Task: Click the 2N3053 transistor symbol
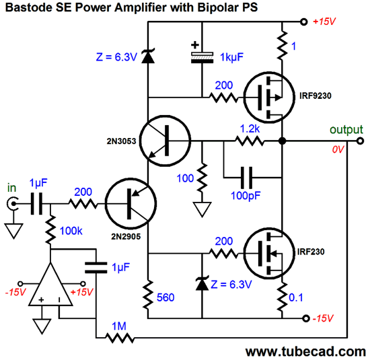pos(165,141)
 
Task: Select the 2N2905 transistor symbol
pos(131,203)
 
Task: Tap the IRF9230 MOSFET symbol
pos(269,98)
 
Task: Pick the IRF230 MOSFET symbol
pos(269,254)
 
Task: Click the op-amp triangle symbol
pos(50,287)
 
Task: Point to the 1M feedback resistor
pos(120,338)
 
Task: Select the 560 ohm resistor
pos(148,295)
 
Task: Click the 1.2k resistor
pos(250,141)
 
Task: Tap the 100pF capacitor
pos(247,178)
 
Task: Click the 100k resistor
pos(50,229)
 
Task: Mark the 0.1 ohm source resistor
pos(283,297)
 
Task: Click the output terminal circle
pos(360,141)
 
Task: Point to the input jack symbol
pos(13,203)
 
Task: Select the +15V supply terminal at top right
pos(304,22)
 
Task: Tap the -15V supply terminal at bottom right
pos(306,318)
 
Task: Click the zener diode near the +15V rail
pos(148,56)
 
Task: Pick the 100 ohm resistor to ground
pos(202,178)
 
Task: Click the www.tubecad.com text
pos(305,351)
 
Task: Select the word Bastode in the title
pos(28,7)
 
